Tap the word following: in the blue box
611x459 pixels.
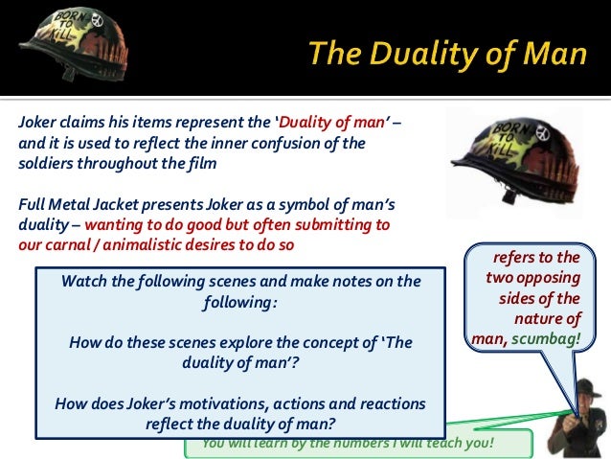240,301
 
